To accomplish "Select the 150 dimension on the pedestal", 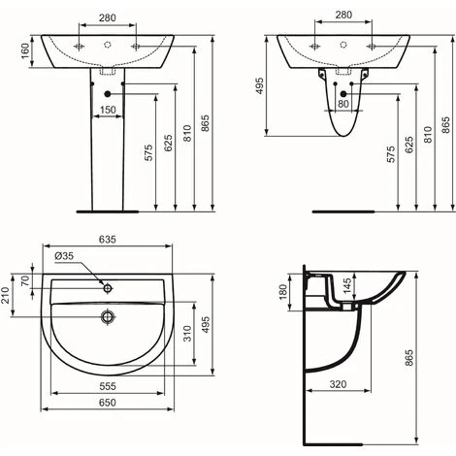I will coord(110,109).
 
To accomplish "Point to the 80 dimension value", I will coord(342,104).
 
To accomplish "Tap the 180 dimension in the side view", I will coord(283,290).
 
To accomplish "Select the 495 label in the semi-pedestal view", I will coord(260,87).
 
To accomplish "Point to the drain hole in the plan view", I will coord(109,314).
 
